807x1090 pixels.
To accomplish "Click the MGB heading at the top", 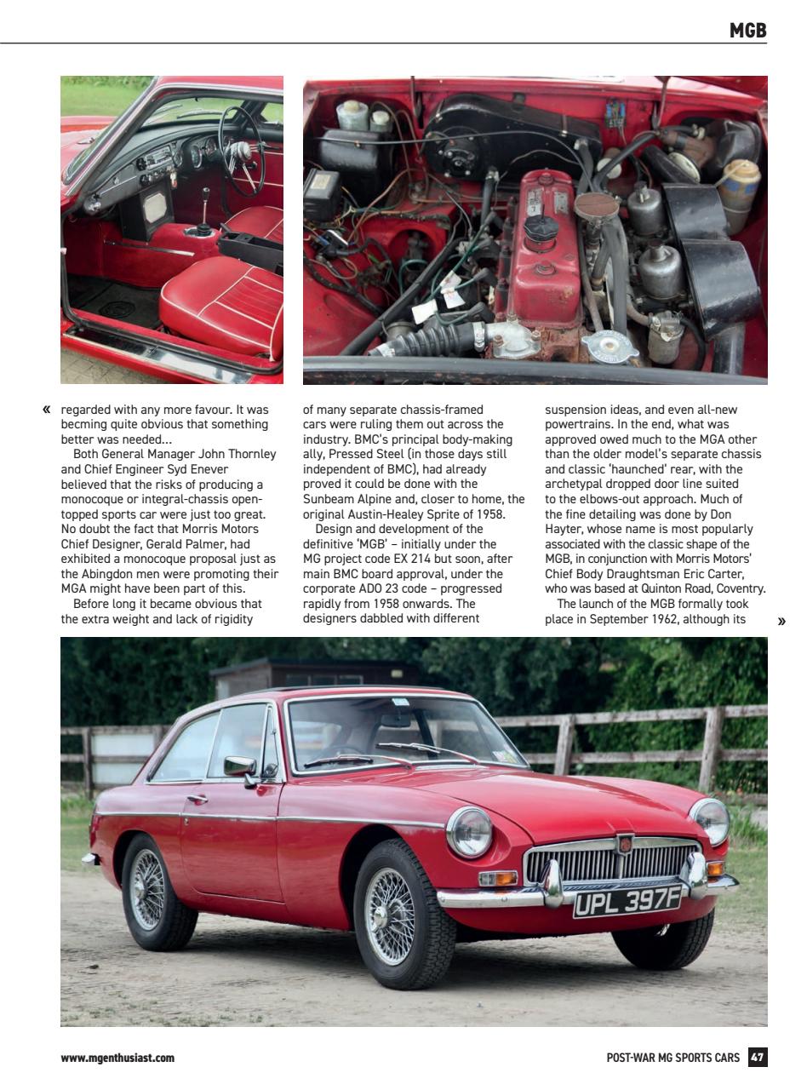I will click(x=747, y=31).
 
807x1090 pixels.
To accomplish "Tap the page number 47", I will click(x=757, y=1058).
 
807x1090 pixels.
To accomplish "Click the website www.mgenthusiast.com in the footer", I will click(x=117, y=1058).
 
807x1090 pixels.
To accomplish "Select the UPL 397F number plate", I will click(x=627, y=899).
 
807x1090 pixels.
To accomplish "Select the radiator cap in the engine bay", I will click(x=610, y=345).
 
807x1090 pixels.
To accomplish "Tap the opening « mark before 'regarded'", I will click(x=46, y=410).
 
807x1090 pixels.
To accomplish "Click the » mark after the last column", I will click(x=781, y=621).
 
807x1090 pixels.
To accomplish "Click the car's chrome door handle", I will click(x=197, y=799).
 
